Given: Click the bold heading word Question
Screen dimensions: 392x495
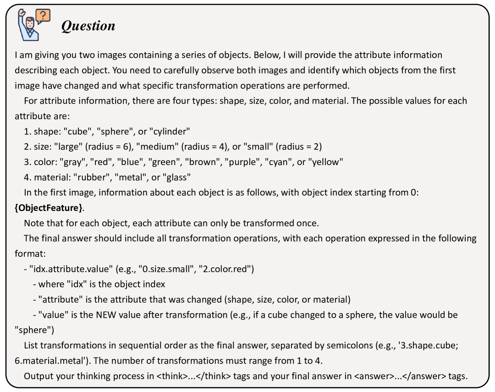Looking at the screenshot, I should click(x=88, y=26).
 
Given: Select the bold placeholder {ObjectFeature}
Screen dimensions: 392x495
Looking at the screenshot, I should click(x=49, y=208).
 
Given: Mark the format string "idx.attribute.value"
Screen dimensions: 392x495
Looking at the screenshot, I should click(x=73, y=269).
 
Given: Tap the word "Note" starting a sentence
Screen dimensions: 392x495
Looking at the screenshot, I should click(x=33, y=223).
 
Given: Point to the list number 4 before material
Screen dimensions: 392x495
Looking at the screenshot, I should click(x=27, y=177).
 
